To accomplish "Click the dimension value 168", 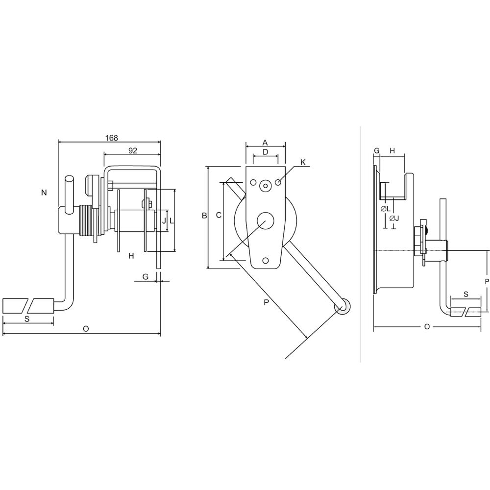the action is tap(112, 138).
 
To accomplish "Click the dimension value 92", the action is tap(133, 150).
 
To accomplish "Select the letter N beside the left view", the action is tap(44, 193).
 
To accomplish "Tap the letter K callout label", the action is tap(303, 162).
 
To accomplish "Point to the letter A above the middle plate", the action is tap(265, 143).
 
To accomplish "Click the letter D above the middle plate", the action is tap(265, 152).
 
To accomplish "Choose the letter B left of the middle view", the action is tap(204, 216).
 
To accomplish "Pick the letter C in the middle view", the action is tap(219, 215).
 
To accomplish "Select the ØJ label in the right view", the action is tap(394, 218).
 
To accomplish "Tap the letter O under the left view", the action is tap(86, 329).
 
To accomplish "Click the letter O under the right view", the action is tap(427, 327).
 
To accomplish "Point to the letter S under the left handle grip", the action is tap(27, 319).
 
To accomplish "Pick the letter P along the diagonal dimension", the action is tap(266, 302).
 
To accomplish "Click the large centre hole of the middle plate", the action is tap(265, 220).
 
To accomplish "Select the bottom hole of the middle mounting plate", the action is tap(266, 260).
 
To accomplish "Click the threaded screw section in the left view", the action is tap(87, 220).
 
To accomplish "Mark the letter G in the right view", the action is tap(376, 150).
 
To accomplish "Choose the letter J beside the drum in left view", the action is tap(164, 220).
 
